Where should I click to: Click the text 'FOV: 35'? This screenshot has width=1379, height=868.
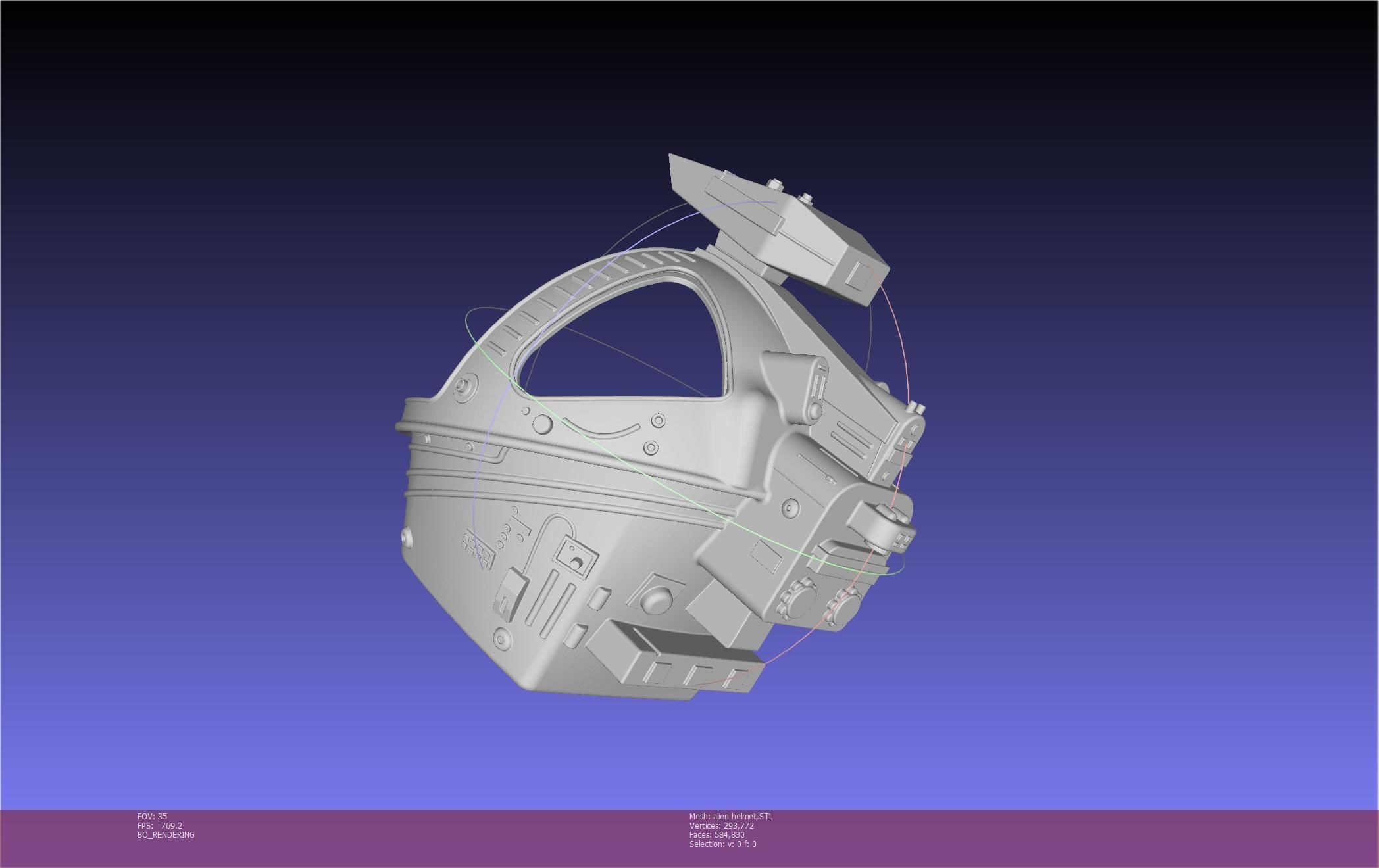pos(152,816)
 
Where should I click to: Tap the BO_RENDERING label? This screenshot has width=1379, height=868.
pos(166,834)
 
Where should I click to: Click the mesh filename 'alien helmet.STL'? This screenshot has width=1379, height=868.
pos(743,816)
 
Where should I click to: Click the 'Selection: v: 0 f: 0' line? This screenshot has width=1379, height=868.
pos(722,844)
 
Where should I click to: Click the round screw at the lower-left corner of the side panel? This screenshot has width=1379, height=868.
pos(502,638)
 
